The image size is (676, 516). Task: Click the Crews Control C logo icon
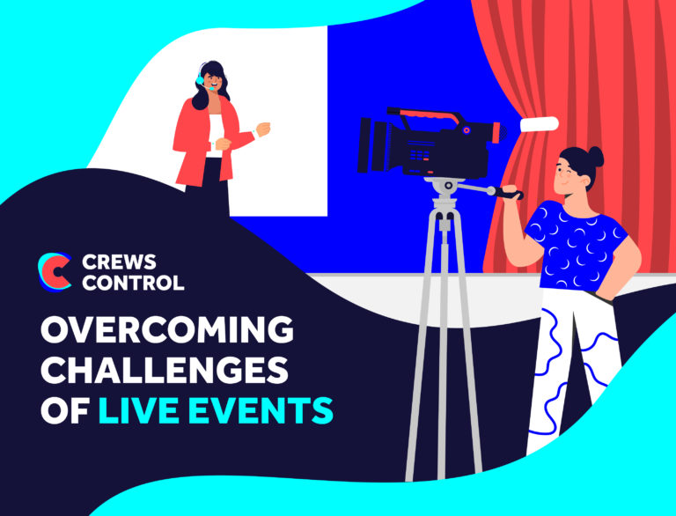[x=55, y=271]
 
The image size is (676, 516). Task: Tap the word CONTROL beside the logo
[x=132, y=283]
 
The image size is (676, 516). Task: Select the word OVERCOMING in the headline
[x=166, y=332]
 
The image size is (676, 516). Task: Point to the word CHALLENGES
[x=165, y=371]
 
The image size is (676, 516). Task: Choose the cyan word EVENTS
[x=264, y=409]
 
